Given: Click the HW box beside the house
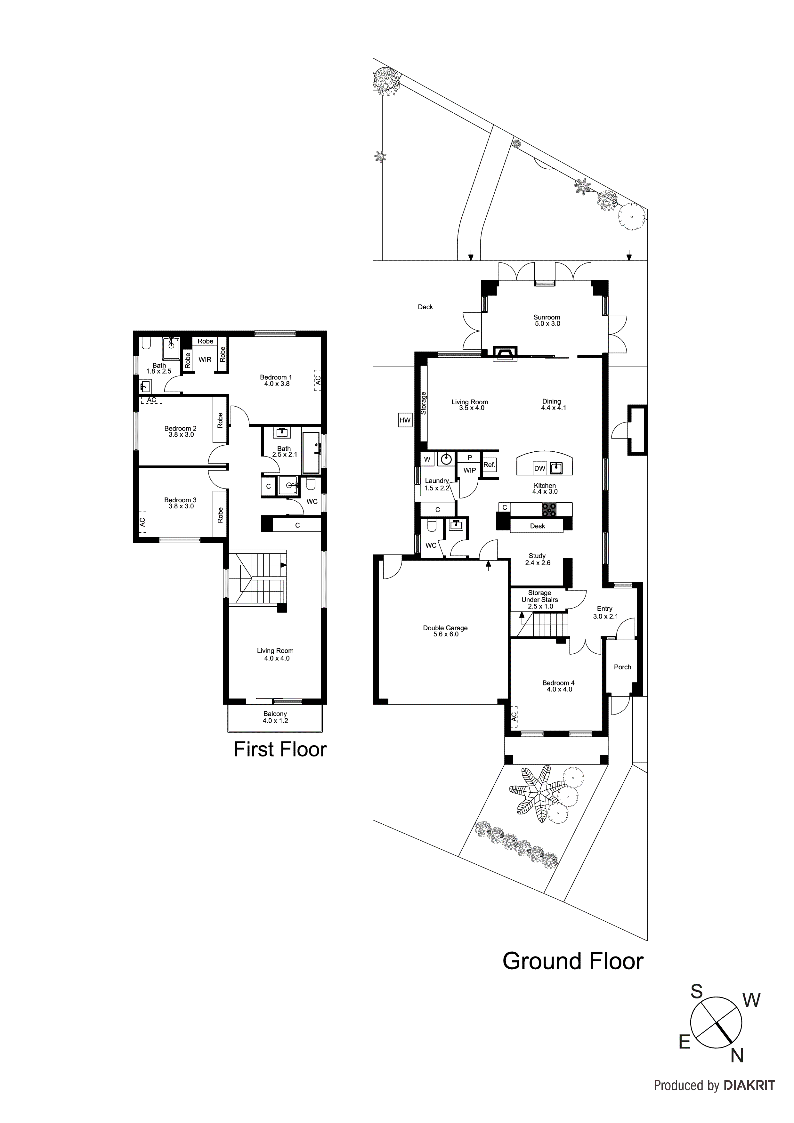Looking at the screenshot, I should point(405,420).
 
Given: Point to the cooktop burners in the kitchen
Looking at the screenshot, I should point(549,510).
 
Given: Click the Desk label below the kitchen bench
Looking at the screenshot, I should point(537,526).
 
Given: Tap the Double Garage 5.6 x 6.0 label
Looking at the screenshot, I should point(445,631).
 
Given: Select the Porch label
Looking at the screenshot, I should point(622,667).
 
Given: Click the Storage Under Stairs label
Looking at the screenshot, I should point(539,599).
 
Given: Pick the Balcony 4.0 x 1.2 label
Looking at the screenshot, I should point(275,717).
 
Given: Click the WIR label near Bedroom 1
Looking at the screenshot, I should point(205,360).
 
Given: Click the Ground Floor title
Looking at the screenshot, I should point(572,961).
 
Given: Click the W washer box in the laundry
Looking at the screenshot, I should point(427,459).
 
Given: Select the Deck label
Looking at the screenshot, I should point(425,307).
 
